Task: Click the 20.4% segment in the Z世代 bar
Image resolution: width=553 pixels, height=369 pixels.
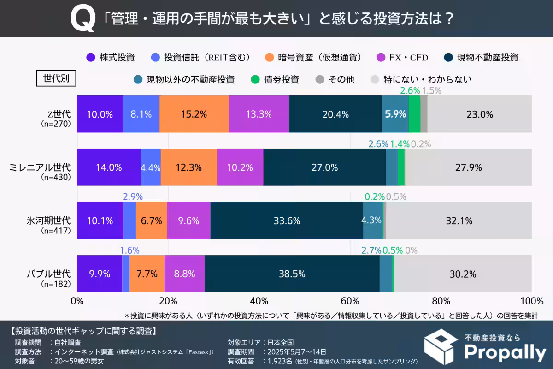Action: click(335, 114)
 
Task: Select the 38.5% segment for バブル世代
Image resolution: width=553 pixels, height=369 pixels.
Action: click(292, 274)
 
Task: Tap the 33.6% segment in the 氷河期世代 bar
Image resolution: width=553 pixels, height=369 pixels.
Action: click(286, 220)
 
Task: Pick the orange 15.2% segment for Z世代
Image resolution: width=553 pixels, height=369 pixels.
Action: click(194, 114)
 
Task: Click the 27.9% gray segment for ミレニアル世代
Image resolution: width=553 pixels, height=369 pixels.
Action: click(468, 167)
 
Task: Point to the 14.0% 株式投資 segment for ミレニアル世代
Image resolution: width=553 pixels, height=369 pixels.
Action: click(109, 167)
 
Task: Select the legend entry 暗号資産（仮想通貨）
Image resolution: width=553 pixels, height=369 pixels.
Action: click(313, 58)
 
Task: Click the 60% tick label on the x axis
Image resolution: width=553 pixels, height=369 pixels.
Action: click(350, 302)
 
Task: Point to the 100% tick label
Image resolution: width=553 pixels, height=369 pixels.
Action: click(531, 302)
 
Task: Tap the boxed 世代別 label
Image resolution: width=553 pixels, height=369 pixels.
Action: click(56, 78)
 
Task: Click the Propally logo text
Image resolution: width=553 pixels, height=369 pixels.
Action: click(505, 352)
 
